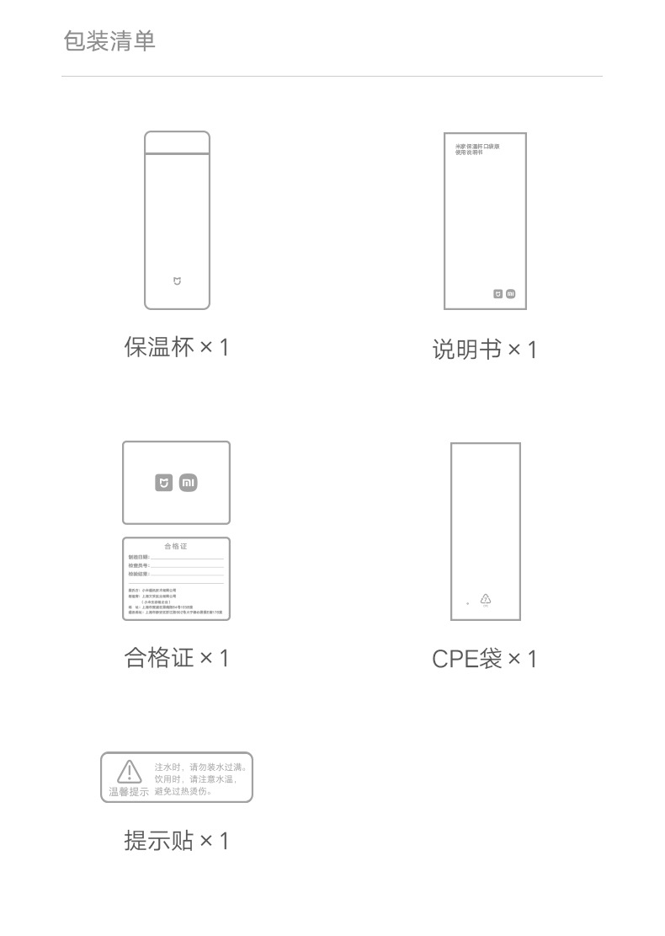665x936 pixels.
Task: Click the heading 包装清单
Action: (109, 41)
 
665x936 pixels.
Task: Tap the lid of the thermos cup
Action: (177, 142)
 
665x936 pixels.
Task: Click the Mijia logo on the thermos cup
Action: (177, 281)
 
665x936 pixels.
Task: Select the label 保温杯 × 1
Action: (176, 347)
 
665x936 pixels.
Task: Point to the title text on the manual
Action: (476, 149)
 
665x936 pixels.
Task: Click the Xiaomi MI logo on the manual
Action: (510, 294)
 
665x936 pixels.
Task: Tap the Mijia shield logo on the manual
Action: (497, 294)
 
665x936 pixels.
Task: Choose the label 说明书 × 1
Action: (484, 350)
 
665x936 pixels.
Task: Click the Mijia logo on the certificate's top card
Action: (164, 483)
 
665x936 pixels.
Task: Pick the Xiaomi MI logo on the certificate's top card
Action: (189, 483)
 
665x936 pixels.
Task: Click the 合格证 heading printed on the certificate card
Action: (176, 546)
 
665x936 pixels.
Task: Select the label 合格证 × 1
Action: (176, 657)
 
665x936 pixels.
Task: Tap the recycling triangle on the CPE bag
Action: (486, 599)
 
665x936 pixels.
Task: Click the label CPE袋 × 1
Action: (484, 659)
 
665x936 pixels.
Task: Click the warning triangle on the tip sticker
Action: (129, 771)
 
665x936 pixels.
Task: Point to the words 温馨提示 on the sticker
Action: (129, 792)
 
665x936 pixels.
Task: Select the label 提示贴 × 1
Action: (176, 840)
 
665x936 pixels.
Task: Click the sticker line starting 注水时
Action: (202, 767)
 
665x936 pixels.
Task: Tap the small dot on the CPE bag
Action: (468, 603)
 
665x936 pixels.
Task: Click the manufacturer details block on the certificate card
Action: (176, 602)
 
